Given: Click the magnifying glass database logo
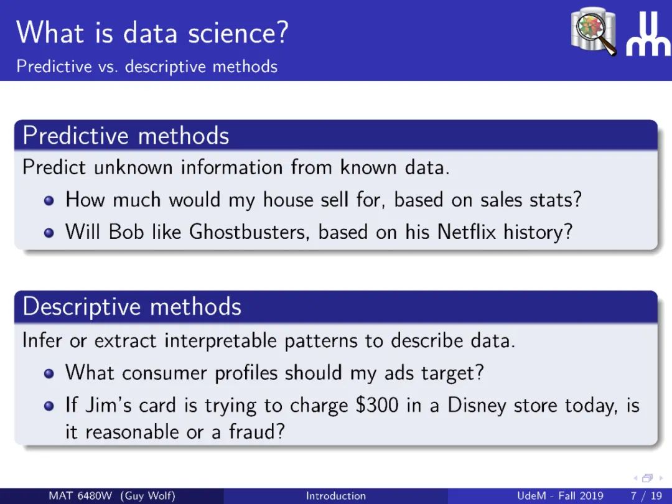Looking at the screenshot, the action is [x=594, y=31].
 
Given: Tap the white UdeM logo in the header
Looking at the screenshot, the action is [x=648, y=34].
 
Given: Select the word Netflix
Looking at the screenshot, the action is [x=467, y=232].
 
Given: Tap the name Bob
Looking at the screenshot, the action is [x=126, y=232].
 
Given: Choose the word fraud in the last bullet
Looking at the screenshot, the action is [x=257, y=432].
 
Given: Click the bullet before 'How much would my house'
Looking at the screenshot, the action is [x=49, y=200].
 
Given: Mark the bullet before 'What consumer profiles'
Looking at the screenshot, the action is [x=49, y=374].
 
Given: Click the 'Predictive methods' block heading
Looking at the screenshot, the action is [x=126, y=136].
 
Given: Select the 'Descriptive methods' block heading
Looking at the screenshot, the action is [x=132, y=307].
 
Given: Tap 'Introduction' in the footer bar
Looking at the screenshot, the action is [x=336, y=496].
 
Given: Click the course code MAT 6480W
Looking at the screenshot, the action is [x=80, y=496].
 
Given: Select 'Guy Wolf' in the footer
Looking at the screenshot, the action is [x=148, y=497].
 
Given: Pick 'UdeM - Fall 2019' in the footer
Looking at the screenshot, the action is [x=560, y=496].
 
